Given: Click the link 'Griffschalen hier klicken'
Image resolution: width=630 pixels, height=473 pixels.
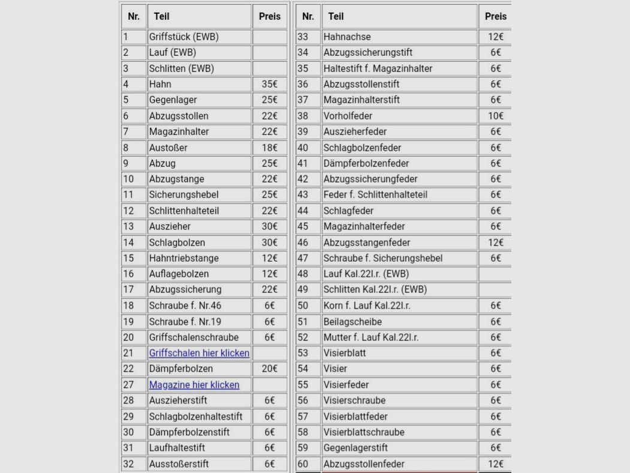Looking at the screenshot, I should (x=199, y=353).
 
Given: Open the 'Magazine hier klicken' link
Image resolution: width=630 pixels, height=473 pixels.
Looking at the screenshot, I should (x=194, y=385).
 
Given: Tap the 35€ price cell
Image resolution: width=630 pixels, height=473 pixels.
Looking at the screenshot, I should (x=270, y=84).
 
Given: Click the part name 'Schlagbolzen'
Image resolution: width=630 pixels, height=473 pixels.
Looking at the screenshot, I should (x=177, y=243).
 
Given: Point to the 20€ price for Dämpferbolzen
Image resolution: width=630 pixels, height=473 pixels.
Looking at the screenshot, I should (x=270, y=369).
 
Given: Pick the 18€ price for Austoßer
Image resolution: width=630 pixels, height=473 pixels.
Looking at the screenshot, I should (x=270, y=148).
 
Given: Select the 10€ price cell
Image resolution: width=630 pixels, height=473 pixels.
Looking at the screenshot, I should (x=496, y=116).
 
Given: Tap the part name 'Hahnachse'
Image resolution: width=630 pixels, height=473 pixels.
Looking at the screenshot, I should (x=347, y=37).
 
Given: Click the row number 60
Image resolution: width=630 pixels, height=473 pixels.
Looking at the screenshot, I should (x=303, y=464).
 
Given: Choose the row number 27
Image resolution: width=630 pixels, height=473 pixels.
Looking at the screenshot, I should (x=128, y=385).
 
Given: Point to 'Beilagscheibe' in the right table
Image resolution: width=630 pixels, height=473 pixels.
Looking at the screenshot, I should (x=352, y=322).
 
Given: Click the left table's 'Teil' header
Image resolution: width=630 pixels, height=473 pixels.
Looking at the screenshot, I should (x=161, y=16).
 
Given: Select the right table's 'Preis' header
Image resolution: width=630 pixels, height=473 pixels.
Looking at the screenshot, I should (x=496, y=16).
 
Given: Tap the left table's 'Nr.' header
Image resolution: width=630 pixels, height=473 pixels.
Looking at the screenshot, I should (x=134, y=16).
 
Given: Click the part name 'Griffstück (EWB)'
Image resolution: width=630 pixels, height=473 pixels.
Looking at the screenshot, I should (x=184, y=37).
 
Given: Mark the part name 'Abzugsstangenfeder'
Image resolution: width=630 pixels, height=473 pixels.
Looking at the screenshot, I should (x=367, y=243).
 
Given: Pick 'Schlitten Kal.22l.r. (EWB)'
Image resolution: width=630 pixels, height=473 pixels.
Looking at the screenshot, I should (x=375, y=290).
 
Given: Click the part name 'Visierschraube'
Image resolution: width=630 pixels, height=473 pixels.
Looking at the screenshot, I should (x=354, y=400).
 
